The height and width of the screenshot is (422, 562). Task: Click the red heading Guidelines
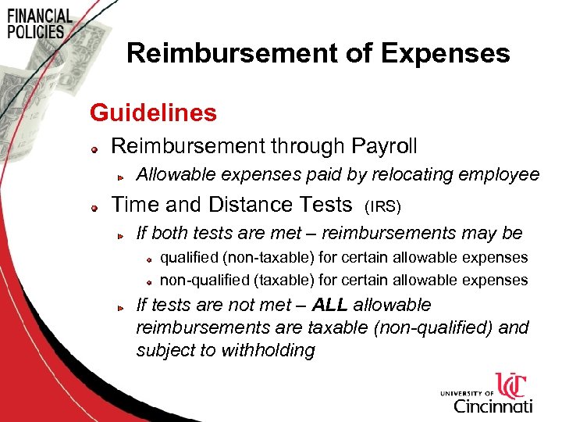153,113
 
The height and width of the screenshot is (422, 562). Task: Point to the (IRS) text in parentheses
383,207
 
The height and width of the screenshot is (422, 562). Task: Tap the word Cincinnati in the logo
493,406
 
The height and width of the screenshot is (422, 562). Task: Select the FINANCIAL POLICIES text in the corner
39,23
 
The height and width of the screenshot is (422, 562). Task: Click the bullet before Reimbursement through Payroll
93,148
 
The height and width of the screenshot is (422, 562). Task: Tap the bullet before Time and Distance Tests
93,207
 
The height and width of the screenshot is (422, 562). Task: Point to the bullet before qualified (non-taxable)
148,259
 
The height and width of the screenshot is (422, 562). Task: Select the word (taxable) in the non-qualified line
268,280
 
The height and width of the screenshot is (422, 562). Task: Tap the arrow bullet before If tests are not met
122,307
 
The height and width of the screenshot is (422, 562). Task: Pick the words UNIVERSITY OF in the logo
467,393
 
